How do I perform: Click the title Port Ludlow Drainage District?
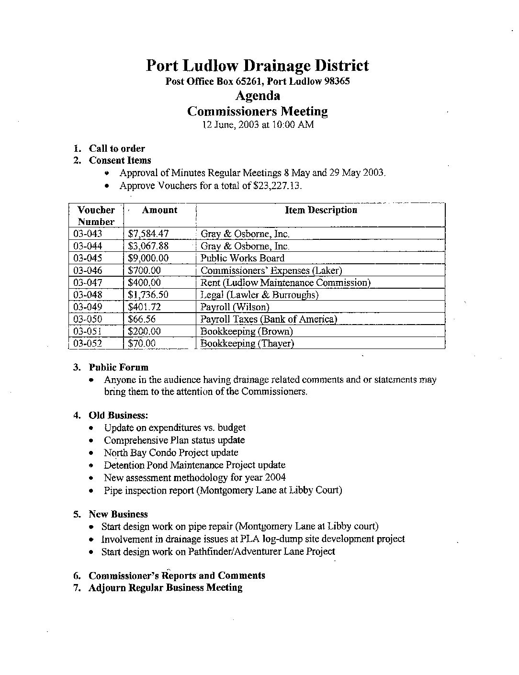click(257, 66)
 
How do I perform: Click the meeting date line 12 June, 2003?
click(258, 125)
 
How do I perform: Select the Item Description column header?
click(321, 210)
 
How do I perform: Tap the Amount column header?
click(159, 210)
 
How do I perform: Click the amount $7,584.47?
click(148, 234)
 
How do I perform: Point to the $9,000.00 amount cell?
click(148, 258)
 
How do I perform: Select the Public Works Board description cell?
click(242, 258)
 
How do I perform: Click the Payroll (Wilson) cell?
click(235, 307)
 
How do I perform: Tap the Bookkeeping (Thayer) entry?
click(247, 343)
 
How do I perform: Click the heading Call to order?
click(117, 148)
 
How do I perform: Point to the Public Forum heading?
click(119, 368)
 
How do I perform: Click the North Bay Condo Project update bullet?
click(171, 452)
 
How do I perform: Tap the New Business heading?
click(118, 514)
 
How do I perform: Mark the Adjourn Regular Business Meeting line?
click(165, 588)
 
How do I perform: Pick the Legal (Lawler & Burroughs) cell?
click(259, 295)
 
